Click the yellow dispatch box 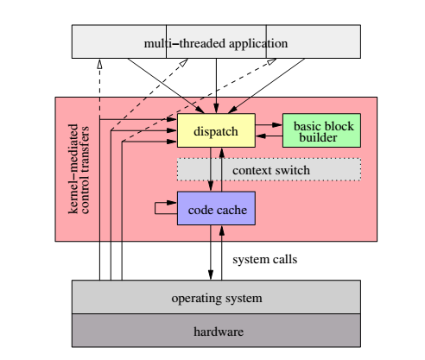tap(215, 129)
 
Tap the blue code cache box tap(215, 208)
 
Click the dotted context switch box tap(269, 170)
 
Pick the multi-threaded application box tap(215, 42)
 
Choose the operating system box tap(215, 298)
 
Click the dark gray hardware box tap(215, 331)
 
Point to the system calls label tap(265, 258)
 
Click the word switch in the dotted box tap(291, 170)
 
